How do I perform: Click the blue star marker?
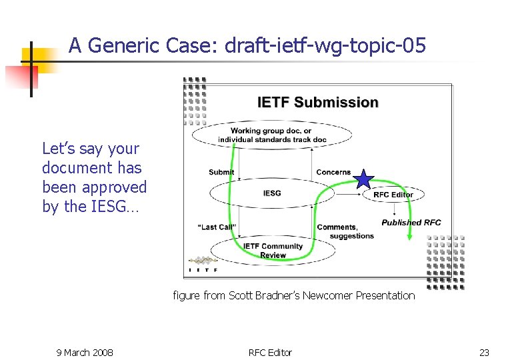[x=363, y=179]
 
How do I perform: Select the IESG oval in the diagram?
[x=272, y=193]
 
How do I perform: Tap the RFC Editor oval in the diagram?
[x=393, y=195]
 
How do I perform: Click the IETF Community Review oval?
[x=273, y=251]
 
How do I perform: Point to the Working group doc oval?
[x=271, y=135]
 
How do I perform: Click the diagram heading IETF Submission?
[x=318, y=103]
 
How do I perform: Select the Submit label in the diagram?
[x=221, y=172]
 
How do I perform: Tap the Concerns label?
[x=333, y=172]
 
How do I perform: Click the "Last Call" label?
[x=217, y=227]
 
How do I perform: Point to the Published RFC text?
[x=411, y=223]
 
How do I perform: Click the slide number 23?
[x=484, y=352]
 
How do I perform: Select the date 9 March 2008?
[x=84, y=352]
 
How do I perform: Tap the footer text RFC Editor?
[x=270, y=352]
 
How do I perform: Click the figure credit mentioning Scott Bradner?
[x=293, y=295]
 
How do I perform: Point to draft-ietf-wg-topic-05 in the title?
[x=325, y=46]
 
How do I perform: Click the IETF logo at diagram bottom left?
[x=203, y=263]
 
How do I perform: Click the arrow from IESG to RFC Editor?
[x=348, y=195]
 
